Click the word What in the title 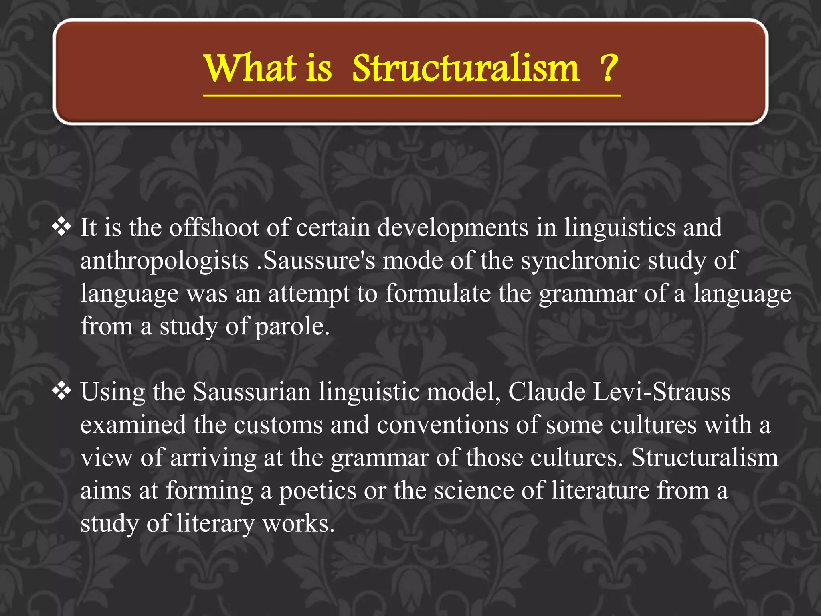coord(251,68)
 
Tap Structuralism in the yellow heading coord(466,68)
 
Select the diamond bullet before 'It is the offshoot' coord(61,227)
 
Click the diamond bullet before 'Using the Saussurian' coord(61,391)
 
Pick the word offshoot coord(214,227)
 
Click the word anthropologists coord(164,261)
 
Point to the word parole coord(292,326)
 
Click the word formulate coord(438,293)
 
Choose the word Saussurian coord(252,391)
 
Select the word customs coord(278,424)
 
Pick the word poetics coord(317,490)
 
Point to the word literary coord(215,523)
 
